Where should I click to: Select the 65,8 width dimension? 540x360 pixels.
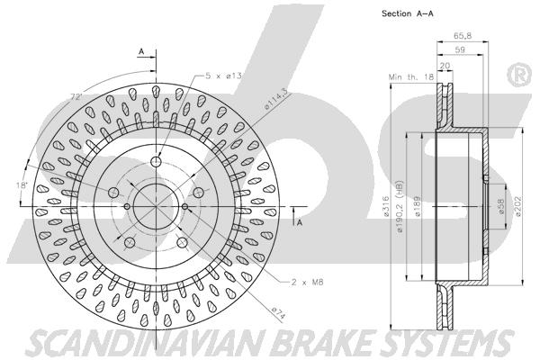coord(459,35)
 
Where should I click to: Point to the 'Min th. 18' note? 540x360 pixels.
coord(409,78)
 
